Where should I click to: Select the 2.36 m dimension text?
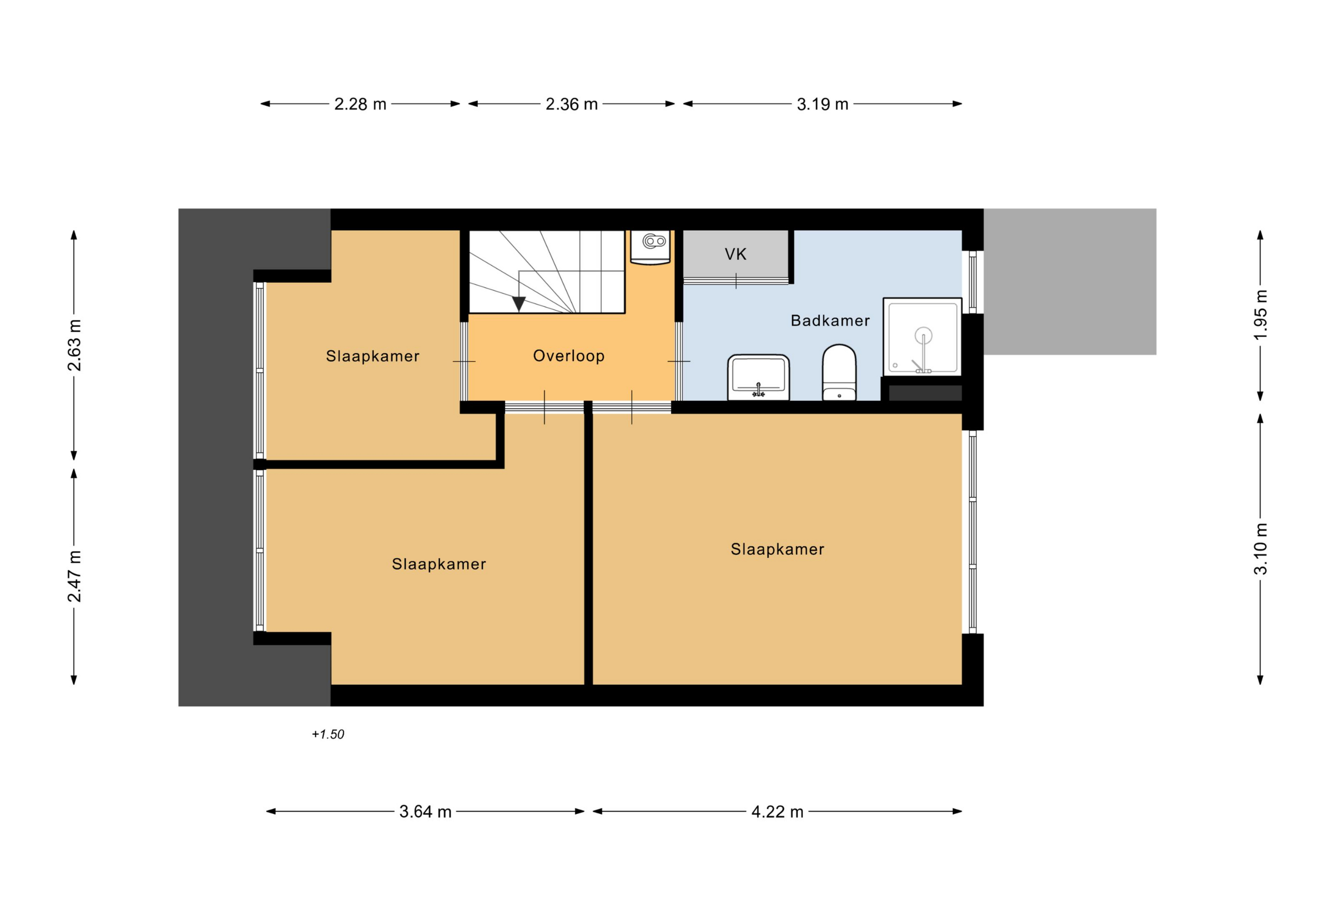(571, 104)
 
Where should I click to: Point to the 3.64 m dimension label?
(425, 812)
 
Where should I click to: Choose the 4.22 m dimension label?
(777, 812)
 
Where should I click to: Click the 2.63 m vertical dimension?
(75, 345)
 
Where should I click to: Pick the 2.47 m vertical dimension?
(75, 576)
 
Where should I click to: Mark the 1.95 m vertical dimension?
(1261, 315)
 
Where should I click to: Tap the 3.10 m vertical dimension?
(1261, 549)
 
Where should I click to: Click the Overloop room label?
(569, 356)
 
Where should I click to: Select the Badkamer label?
(830, 320)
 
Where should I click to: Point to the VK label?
(735, 254)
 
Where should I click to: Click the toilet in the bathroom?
(839, 372)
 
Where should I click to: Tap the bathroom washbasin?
(758, 377)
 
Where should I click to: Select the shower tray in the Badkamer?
(922, 336)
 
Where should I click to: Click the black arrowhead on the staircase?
(519, 304)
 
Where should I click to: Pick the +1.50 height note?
(328, 734)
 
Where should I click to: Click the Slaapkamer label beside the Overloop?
(373, 356)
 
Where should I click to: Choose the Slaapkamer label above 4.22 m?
(777, 549)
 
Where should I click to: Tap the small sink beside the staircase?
(650, 247)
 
